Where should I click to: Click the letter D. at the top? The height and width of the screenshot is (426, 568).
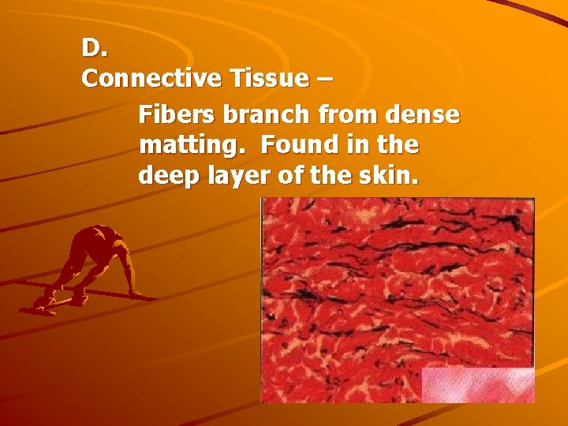point(94,48)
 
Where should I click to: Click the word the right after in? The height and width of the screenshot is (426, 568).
point(398,145)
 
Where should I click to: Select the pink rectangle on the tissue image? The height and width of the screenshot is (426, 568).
point(478,384)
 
